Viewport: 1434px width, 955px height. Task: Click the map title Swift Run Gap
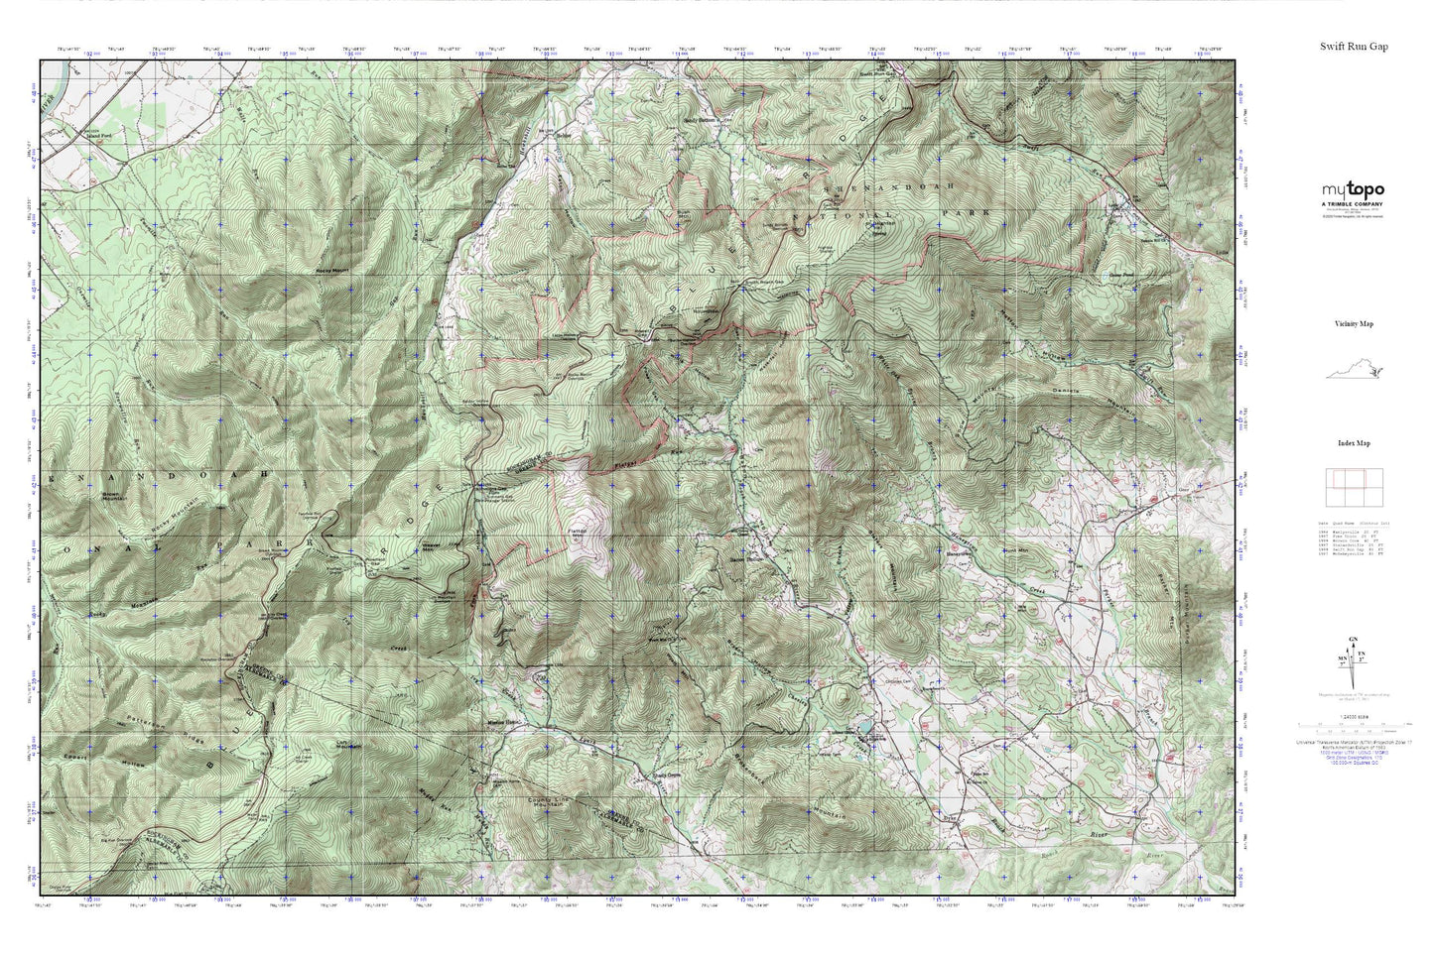point(1354,46)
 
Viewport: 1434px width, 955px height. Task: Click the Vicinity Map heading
point(1353,323)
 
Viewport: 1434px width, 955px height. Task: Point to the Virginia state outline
point(1353,372)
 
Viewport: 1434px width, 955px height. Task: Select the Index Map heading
point(1353,443)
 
